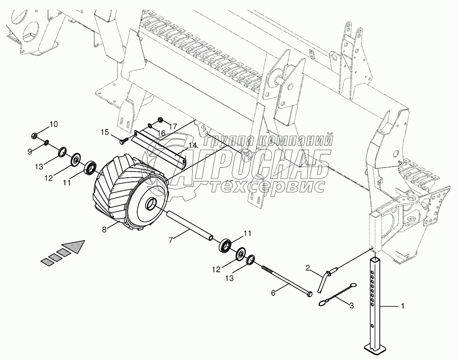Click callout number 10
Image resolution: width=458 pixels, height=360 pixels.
[x=54, y=124]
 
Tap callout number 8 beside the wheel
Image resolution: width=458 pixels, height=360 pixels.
[x=104, y=228]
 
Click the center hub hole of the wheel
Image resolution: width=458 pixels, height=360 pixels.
[x=151, y=205]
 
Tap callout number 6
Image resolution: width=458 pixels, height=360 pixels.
[x=273, y=293]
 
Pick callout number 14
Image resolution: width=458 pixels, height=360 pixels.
[x=192, y=145]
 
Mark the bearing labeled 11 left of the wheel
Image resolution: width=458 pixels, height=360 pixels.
[x=91, y=169]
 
